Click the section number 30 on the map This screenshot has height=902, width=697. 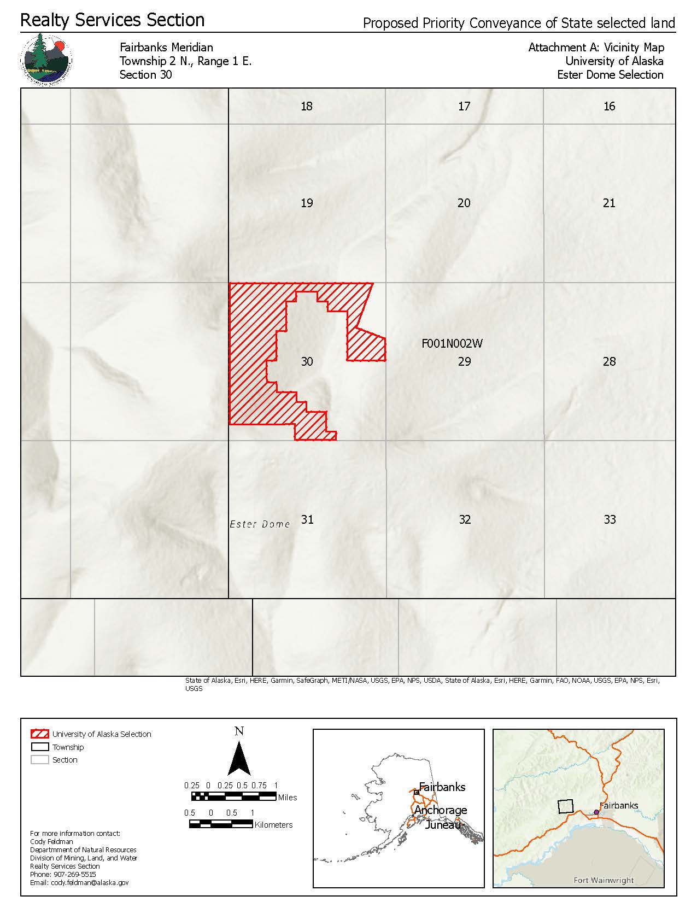tap(307, 361)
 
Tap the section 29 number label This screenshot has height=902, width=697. tap(464, 361)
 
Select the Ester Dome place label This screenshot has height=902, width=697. tap(260, 524)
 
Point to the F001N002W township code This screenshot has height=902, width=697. tap(452, 344)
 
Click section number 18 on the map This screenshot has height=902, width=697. tap(307, 106)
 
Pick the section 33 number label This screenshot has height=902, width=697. tap(610, 519)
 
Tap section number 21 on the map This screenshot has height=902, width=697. tap(609, 203)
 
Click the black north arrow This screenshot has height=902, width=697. tap(239, 759)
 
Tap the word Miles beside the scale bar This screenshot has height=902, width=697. tap(288, 798)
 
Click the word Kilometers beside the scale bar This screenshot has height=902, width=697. tap(273, 825)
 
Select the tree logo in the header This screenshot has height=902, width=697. tap(46, 60)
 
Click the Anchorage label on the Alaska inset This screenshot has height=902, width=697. tap(441, 810)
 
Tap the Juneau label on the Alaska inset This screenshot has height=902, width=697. tap(443, 824)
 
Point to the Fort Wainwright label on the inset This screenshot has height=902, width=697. tap(604, 880)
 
